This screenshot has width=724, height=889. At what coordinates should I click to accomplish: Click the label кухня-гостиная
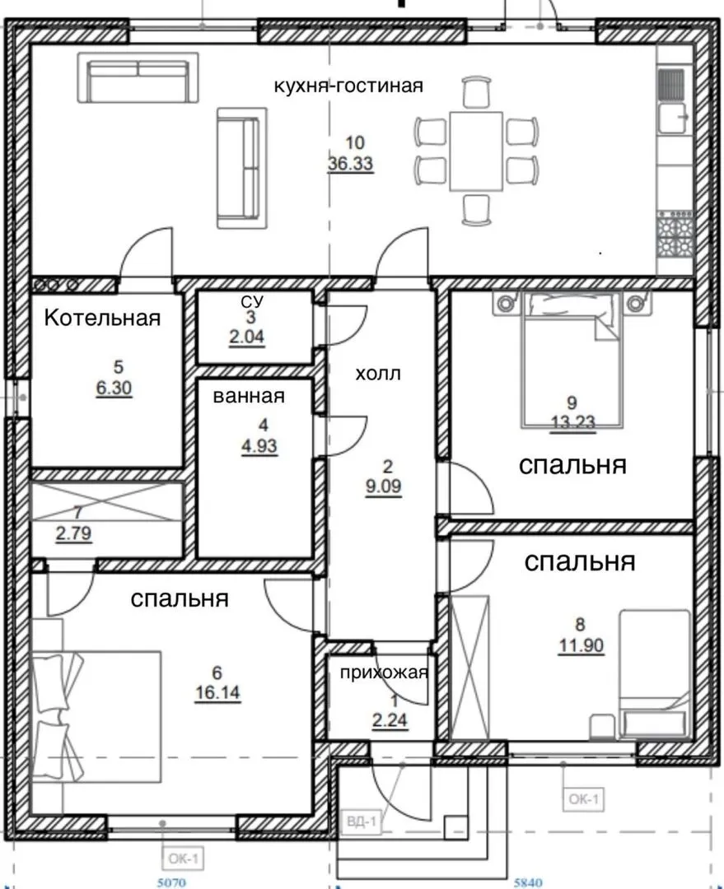[348, 86]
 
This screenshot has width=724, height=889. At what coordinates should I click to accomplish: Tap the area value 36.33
[351, 163]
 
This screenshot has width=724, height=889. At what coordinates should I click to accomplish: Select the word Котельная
[102, 318]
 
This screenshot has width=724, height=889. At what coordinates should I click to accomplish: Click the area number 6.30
[114, 389]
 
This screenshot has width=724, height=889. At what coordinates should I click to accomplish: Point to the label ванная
[249, 396]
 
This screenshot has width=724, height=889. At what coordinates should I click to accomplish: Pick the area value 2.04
[247, 337]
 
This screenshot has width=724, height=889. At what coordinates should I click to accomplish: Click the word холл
[378, 374]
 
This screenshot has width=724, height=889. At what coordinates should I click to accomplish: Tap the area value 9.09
[384, 486]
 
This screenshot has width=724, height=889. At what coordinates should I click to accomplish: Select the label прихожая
[384, 673]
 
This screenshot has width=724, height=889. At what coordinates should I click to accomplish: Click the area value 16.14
[218, 693]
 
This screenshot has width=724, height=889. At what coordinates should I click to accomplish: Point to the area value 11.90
[581, 645]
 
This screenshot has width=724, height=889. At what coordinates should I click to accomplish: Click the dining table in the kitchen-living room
[476, 151]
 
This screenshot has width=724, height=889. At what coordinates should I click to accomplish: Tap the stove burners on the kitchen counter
[675, 234]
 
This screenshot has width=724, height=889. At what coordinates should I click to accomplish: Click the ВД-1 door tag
[362, 821]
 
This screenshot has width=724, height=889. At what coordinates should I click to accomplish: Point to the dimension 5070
[171, 882]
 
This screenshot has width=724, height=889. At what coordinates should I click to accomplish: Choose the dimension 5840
[528, 882]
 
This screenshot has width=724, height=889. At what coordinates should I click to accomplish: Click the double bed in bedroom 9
[572, 360]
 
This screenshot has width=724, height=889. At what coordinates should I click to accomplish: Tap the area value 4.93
[260, 446]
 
